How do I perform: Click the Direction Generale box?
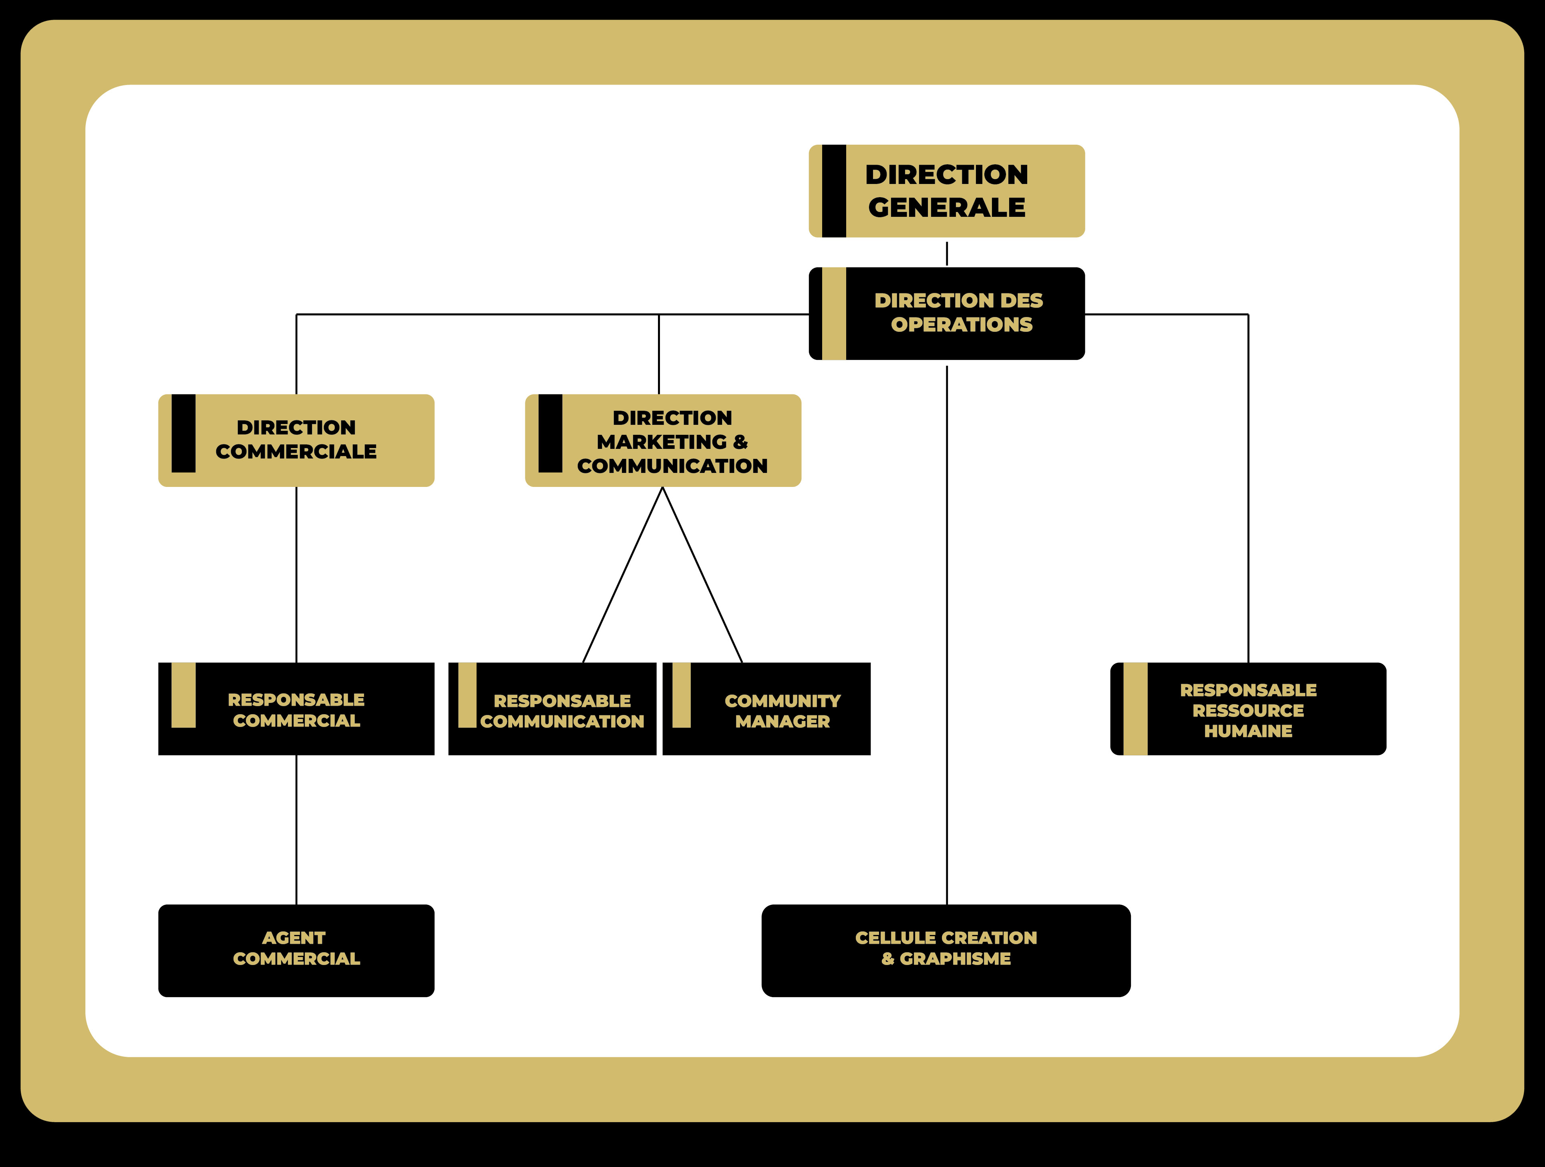pyautogui.click(x=946, y=191)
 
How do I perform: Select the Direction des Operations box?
pyautogui.click(x=946, y=313)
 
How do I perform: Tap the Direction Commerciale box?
pyautogui.click(x=296, y=440)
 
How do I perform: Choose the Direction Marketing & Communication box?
pyautogui.click(x=663, y=440)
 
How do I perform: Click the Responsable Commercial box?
pyautogui.click(x=296, y=709)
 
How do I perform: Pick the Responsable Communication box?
pyautogui.click(x=552, y=709)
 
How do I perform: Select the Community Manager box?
pyautogui.click(x=766, y=709)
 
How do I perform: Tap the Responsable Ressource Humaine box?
pyautogui.click(x=1248, y=709)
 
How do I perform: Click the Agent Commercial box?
pyautogui.click(x=296, y=950)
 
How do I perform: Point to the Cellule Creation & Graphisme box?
pyautogui.click(x=946, y=950)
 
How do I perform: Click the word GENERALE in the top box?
pyautogui.click(x=946, y=208)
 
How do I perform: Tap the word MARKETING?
pyautogui.click(x=662, y=442)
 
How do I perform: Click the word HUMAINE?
pyautogui.click(x=1248, y=731)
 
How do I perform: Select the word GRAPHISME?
pyautogui.click(x=956, y=959)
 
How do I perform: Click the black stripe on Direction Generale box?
pyautogui.click(x=834, y=191)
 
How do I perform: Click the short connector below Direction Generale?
pyautogui.click(x=946, y=253)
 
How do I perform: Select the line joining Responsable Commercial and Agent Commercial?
pyautogui.click(x=296, y=830)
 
